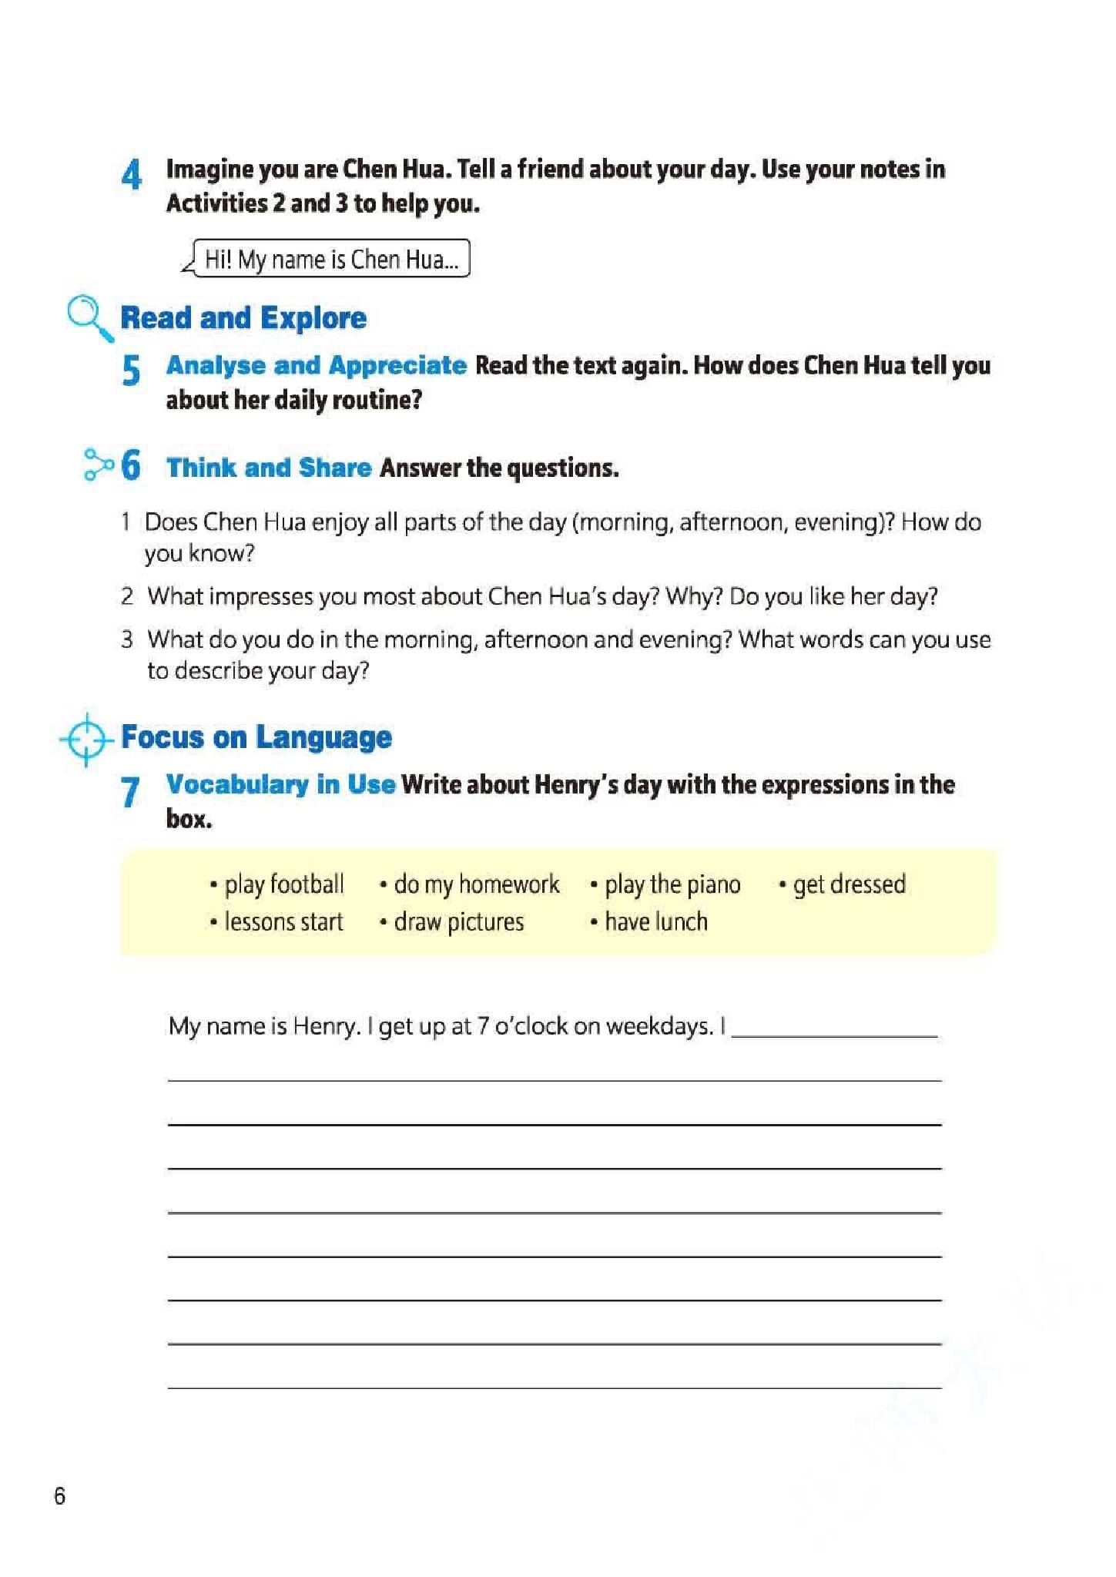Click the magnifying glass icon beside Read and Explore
click(89, 317)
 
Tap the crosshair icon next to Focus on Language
click(86, 740)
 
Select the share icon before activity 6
click(98, 465)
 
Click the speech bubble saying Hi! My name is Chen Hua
click(330, 259)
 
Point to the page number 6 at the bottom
click(59, 1495)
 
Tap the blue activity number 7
click(130, 791)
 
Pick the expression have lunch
click(655, 921)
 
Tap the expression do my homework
click(476, 884)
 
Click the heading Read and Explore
click(243, 317)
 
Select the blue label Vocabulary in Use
click(281, 784)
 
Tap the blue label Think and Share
click(269, 468)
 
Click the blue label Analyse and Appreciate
click(317, 365)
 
